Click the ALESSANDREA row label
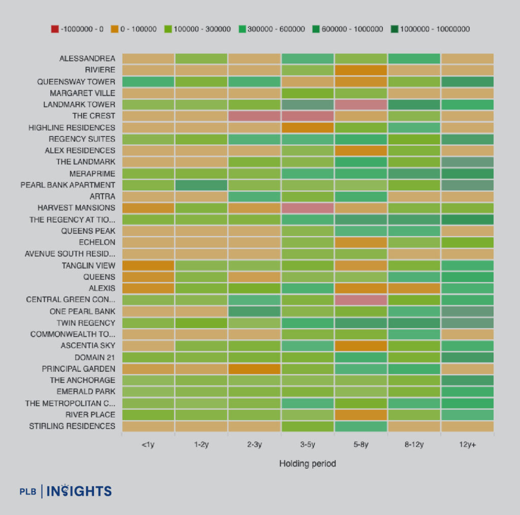pos(87,58)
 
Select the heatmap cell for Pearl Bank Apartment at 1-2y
pos(201,185)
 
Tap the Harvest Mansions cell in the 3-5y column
pos(307,208)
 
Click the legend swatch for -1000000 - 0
pos(55,29)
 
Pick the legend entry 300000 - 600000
pos(275,29)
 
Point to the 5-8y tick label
pos(361,444)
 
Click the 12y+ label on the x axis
pos(467,444)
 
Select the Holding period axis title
pos(307,463)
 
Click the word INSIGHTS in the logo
pos(79,491)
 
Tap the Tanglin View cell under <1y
pos(148,265)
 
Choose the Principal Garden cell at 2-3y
pos(254,369)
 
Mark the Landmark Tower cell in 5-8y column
pos(361,105)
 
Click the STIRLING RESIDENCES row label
pos(72,426)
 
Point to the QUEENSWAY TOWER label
pos(76,81)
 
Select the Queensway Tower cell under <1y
pos(148,81)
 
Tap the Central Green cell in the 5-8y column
pos(361,300)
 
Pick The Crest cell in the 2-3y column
pos(254,116)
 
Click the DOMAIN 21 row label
pos(95,357)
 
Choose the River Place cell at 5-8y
pos(361,414)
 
